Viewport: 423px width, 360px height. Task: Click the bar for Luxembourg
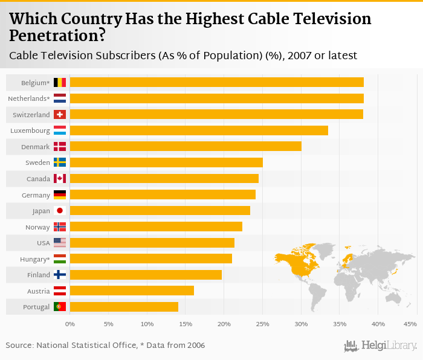point(199,130)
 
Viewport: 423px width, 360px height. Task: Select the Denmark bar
point(186,146)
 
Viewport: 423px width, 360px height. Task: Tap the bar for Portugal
point(124,307)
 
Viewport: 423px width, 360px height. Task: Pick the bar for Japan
point(160,210)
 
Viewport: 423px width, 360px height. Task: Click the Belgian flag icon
point(60,82)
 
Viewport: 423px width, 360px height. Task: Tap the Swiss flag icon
point(60,114)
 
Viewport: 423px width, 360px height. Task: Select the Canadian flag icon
point(60,178)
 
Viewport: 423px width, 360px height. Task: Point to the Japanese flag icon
point(60,210)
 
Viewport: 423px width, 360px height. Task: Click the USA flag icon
point(60,242)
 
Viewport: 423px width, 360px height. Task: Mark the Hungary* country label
point(34,259)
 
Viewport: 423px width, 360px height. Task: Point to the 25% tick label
point(262,324)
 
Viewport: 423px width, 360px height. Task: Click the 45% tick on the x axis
point(410,324)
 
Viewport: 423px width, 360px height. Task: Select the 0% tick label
point(70,324)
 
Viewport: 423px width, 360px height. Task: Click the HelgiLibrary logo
point(381,346)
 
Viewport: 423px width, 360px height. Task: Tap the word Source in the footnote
point(19,346)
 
